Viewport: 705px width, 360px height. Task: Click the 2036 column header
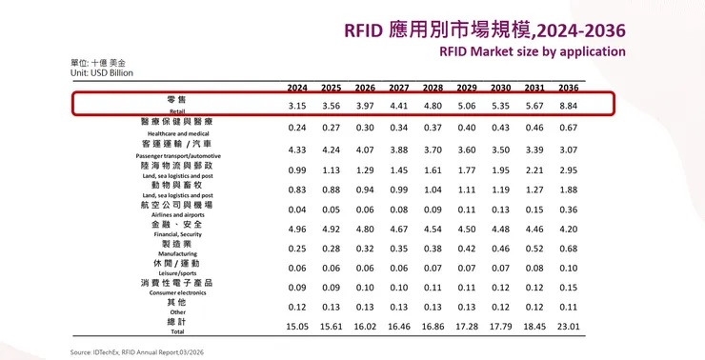(569, 87)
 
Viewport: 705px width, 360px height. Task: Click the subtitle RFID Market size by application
(533, 51)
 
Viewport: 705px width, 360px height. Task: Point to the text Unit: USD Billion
(101, 72)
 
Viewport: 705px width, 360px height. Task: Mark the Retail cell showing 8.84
(569, 105)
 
